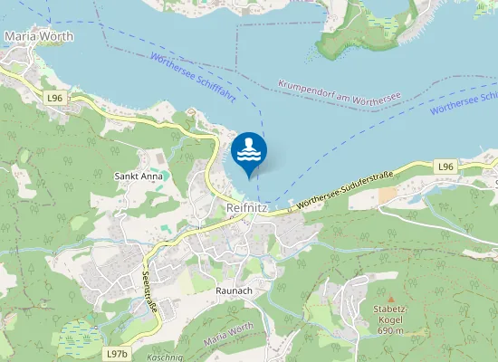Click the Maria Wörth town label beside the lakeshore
(38, 37)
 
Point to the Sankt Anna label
(139, 176)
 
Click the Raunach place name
(234, 290)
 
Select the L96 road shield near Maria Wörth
(55, 97)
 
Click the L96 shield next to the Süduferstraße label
(444, 167)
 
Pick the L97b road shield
(117, 352)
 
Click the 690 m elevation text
(391, 330)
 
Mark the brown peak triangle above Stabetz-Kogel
(391, 299)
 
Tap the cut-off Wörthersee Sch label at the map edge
(464, 102)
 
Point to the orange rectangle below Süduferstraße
(387, 195)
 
